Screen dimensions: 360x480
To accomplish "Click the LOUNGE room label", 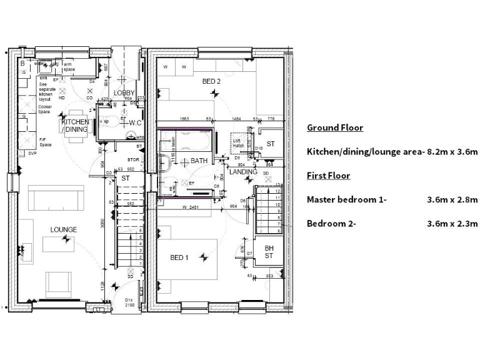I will coord(64,230).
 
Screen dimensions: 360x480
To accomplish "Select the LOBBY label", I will coord(124,93).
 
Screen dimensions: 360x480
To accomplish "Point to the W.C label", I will coord(134,122).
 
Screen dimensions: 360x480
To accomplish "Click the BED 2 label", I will coord(211,81).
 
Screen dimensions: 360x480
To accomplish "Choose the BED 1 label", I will coord(180,257).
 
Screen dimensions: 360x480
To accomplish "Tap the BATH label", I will coord(199,161).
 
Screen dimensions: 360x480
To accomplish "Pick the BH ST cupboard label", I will coord(269,252).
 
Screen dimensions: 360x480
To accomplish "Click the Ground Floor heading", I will coord(334,128).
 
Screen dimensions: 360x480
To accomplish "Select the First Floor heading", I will coord(328,176).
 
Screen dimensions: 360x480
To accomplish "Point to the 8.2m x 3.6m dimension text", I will coord(452,152).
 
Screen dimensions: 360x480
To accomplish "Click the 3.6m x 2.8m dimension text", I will coord(452,200).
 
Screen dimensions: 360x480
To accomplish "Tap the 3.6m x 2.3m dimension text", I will coord(452,224).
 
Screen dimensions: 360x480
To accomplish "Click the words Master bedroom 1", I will coord(347,200).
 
